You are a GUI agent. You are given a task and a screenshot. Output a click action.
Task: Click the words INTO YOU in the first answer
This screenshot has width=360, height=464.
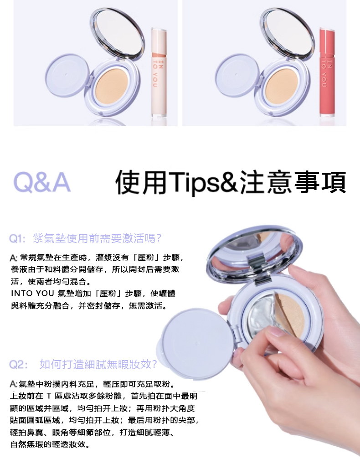click(32, 293)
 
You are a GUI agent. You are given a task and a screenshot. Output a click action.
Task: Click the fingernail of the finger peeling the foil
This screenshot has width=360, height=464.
click(274, 331)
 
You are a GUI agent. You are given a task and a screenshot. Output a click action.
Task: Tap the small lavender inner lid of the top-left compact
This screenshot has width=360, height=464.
click(67, 75)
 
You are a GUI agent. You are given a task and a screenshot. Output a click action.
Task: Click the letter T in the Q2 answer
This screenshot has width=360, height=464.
click(49, 396)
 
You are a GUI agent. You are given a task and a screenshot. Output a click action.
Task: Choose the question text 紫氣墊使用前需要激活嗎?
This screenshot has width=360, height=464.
click(98, 238)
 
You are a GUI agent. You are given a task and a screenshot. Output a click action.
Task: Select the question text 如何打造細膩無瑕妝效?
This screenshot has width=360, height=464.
click(98, 365)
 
